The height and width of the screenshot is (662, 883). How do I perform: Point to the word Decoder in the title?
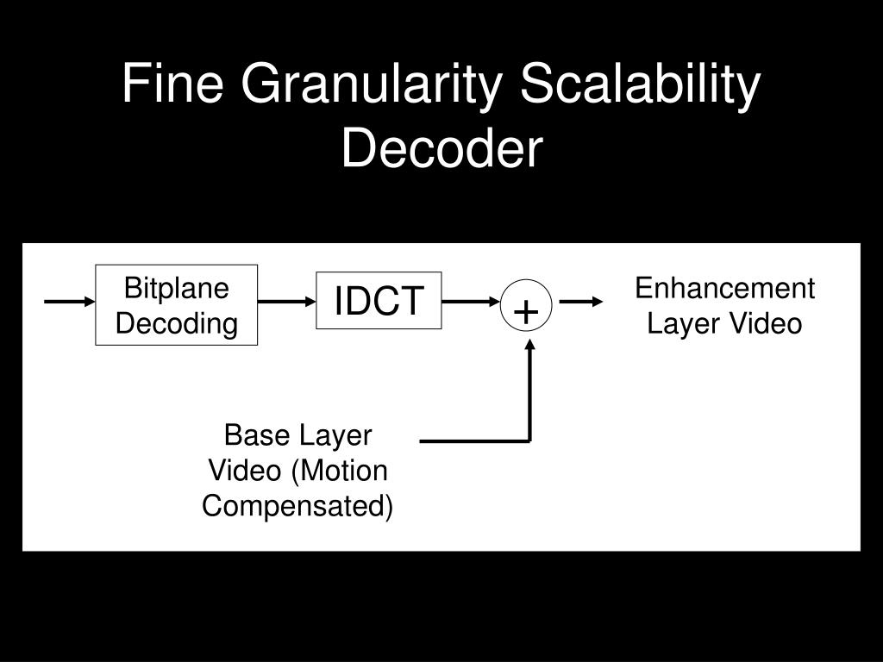(x=441, y=148)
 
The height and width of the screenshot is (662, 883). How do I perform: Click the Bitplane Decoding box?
(x=177, y=304)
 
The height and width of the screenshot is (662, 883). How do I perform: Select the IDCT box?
(x=379, y=301)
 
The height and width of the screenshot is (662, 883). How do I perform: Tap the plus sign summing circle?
(x=526, y=308)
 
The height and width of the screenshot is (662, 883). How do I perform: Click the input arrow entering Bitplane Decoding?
(x=69, y=302)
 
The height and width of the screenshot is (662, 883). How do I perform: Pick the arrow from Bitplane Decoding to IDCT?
(x=287, y=302)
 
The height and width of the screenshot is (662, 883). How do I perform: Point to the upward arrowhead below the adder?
(x=530, y=346)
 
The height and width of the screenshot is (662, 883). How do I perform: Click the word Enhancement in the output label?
(x=724, y=289)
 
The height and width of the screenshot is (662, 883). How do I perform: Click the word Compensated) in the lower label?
(x=297, y=505)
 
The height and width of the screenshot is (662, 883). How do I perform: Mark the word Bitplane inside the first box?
(x=177, y=288)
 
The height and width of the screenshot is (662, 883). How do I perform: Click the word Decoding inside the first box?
(x=177, y=323)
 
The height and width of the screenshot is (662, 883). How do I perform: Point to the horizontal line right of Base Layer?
(x=474, y=441)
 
